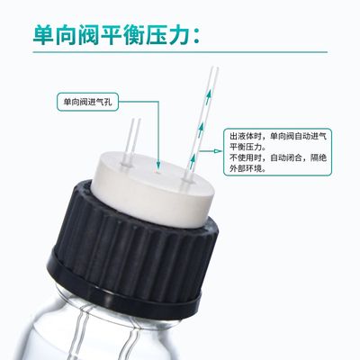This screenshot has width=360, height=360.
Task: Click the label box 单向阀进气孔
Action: point(91,99)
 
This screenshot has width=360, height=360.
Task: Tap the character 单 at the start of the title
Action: point(42,34)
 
